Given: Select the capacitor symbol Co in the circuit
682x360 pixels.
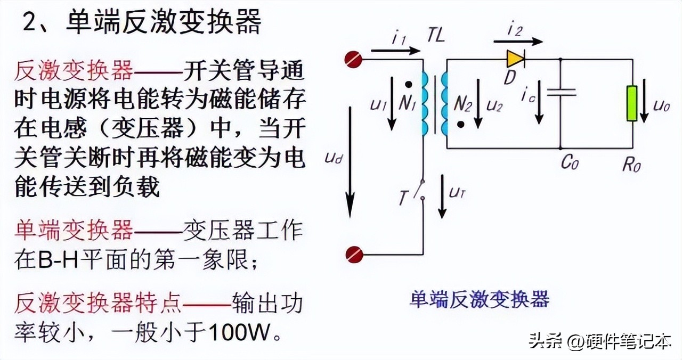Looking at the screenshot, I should [x=562, y=92].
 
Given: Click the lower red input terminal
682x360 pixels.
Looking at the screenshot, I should [x=354, y=255].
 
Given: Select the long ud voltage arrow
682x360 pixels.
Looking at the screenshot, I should [x=350, y=160].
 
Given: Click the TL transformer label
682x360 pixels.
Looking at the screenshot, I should [x=435, y=36].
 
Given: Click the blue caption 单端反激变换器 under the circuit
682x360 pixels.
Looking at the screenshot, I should [x=479, y=299].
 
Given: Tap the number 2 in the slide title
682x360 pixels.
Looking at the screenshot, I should [x=31, y=24].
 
